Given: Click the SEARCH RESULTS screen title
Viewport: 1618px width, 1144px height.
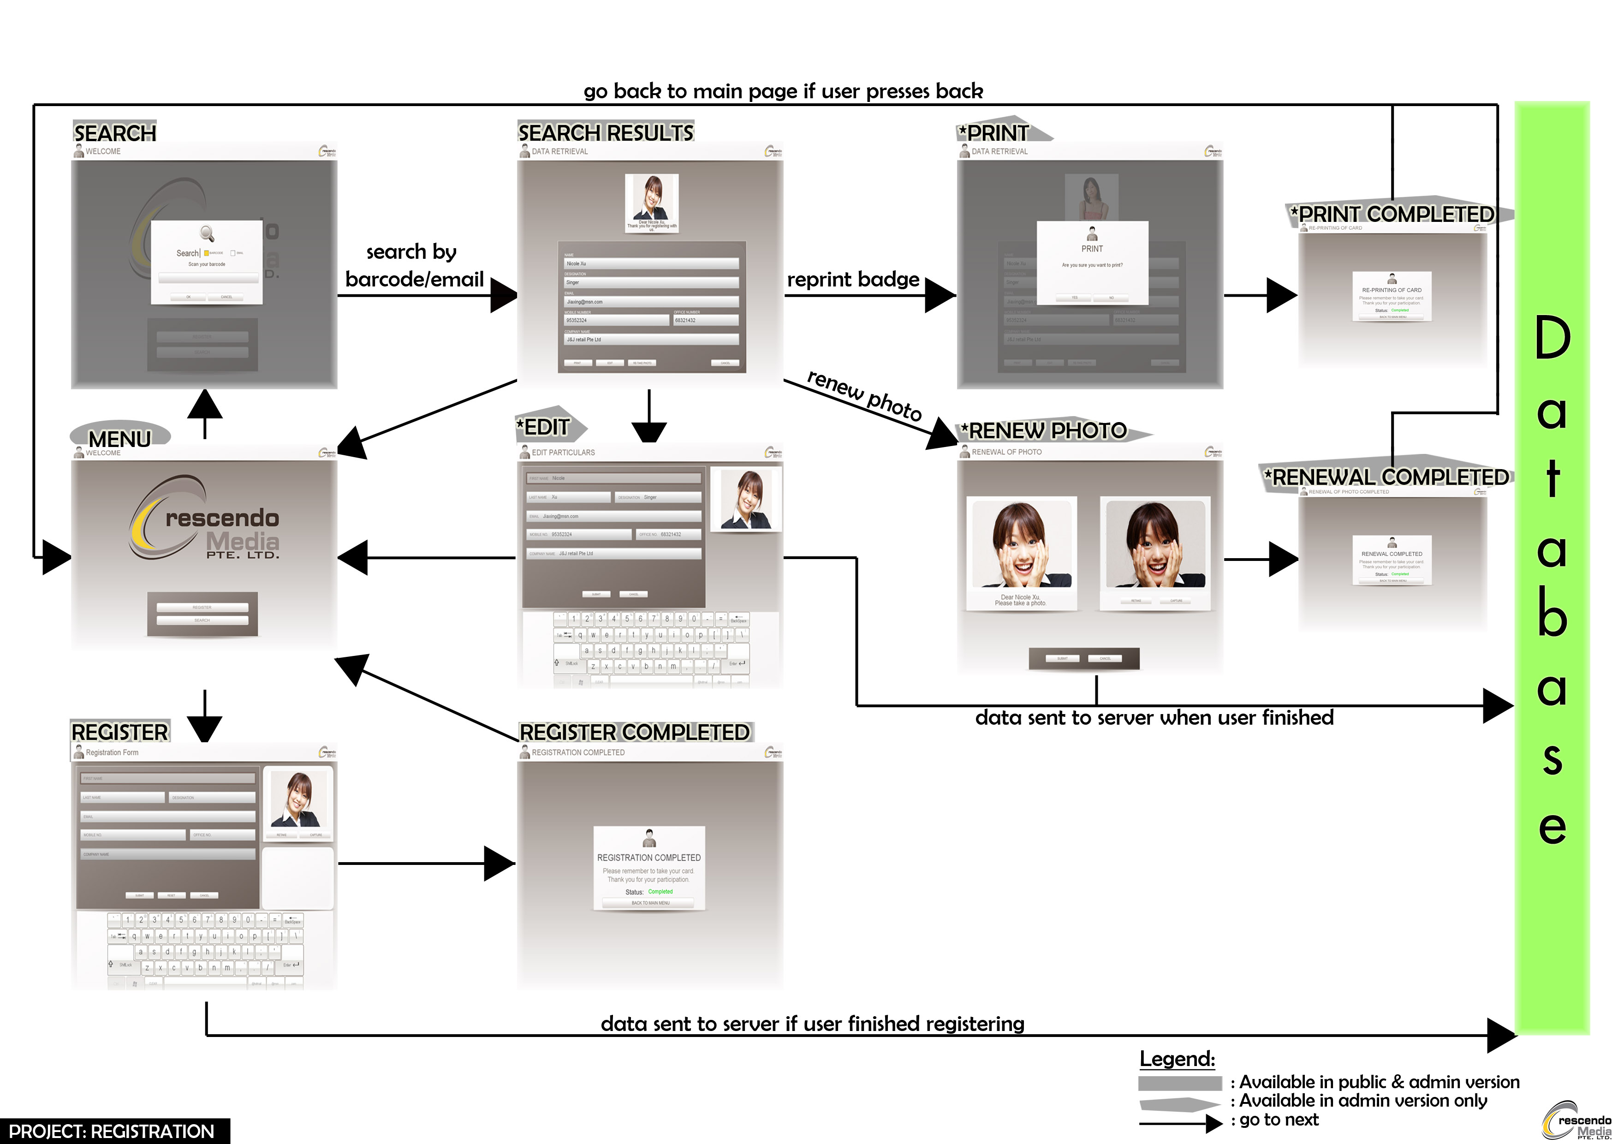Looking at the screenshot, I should (x=605, y=132).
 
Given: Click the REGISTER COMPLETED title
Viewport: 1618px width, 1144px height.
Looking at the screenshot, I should (x=634, y=733).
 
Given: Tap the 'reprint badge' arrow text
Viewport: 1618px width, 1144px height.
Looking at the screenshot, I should (x=853, y=280).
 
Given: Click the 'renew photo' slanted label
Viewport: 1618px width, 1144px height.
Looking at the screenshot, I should (x=864, y=395).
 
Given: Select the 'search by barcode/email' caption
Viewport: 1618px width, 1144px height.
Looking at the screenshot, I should (x=414, y=266).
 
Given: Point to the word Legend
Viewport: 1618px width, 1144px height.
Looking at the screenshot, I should (x=1177, y=1059).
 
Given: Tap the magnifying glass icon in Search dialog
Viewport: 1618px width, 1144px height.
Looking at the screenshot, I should (x=207, y=233).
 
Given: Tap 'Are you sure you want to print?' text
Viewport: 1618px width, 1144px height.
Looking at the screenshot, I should (x=1092, y=265).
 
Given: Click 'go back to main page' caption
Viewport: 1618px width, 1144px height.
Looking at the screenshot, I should (x=783, y=92).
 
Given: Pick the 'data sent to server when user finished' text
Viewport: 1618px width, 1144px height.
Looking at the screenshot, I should (x=1154, y=718).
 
